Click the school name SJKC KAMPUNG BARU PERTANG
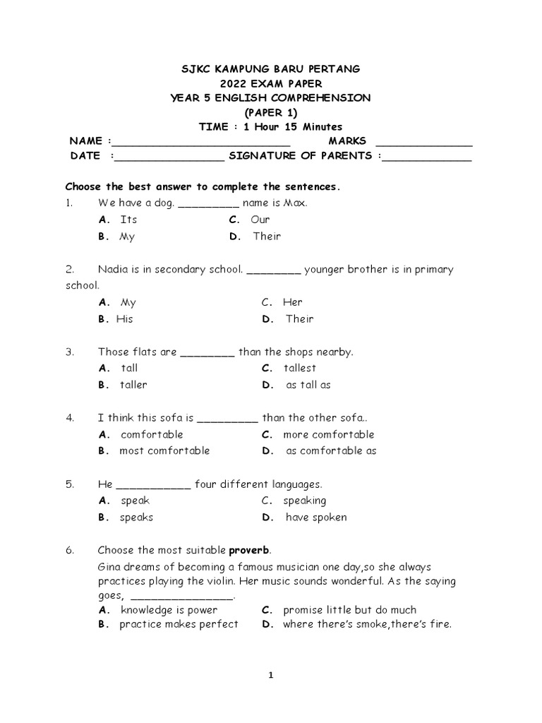click(x=271, y=68)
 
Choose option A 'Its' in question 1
click(x=128, y=220)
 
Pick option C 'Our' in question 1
click(x=260, y=220)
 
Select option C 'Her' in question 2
click(x=292, y=302)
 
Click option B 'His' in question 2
click(x=124, y=319)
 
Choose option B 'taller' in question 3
click(x=133, y=385)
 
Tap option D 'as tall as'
click(x=308, y=385)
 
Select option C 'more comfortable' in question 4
click(x=328, y=434)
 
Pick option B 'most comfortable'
click(x=164, y=450)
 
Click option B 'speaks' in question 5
click(x=136, y=517)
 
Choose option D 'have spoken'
click(x=316, y=517)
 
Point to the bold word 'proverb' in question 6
click(x=249, y=550)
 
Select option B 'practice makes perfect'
click(x=179, y=624)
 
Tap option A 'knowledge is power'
click(x=169, y=609)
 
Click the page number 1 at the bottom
click(x=270, y=675)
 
